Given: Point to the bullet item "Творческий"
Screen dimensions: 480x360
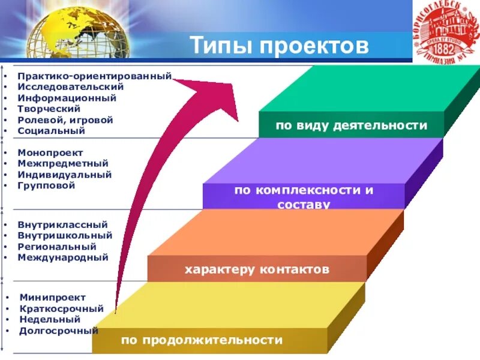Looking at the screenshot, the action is coord(49,109).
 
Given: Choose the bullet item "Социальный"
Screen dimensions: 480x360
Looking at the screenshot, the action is coord(51,130).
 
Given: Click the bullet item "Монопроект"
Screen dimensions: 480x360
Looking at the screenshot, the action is coord(50,152).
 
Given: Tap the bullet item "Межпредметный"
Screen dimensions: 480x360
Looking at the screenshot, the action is coord(63,163).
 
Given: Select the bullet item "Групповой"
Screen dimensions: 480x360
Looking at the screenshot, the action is coord(46,185).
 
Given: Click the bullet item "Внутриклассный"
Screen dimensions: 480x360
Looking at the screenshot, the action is coord(63,224).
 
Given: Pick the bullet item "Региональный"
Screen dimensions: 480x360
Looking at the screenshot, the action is coord(57,246).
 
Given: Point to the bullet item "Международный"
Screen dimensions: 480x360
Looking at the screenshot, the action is coord(63,257).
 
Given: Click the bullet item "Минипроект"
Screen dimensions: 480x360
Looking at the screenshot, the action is coord(52,297).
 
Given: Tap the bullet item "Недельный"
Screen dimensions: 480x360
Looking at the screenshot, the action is coord(50,319).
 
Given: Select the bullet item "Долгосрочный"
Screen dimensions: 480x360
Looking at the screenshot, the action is coord(58,331).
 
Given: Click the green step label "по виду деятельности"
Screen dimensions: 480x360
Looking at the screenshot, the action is coord(352,126).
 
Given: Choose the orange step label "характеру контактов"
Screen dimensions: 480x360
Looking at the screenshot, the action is coord(257,269).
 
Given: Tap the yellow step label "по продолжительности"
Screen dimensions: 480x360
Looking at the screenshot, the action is coord(202,340).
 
